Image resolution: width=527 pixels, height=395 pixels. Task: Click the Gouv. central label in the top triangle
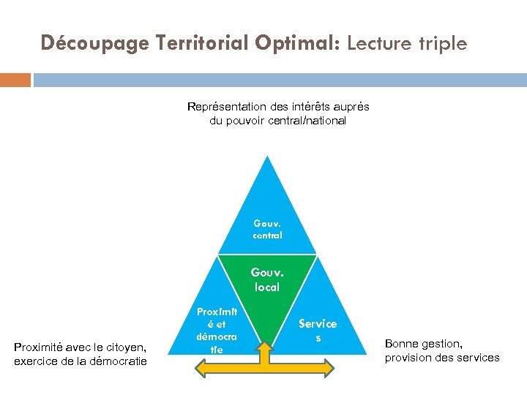tap(267, 229)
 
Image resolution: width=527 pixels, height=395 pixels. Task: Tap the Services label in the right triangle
tap(318, 330)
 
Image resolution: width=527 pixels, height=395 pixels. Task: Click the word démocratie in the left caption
tap(118, 361)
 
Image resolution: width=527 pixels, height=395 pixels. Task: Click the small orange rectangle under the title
tap(15, 80)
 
